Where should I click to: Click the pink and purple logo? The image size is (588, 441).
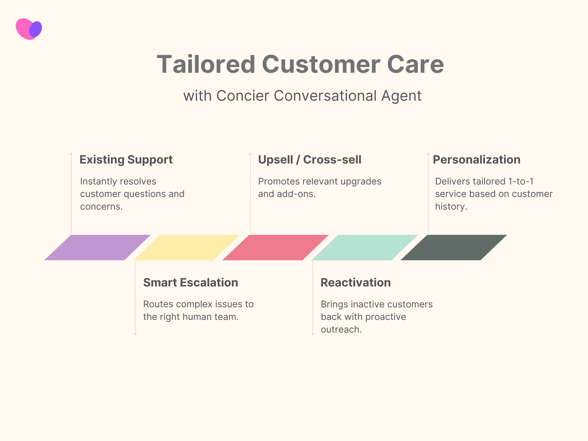pos(29,29)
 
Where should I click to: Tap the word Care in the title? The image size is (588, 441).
pos(415,65)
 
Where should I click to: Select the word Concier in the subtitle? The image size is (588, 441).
pos(243,96)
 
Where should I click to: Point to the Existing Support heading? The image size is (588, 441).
pos(126,160)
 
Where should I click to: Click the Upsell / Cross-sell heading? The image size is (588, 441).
pos(310,160)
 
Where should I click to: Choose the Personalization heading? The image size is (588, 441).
pos(476,160)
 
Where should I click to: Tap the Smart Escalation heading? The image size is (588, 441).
pos(191,283)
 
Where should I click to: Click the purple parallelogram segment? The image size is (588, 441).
pos(98,248)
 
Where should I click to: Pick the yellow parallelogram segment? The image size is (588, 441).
pos(187,248)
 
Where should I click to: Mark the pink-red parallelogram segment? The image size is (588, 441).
pos(276,248)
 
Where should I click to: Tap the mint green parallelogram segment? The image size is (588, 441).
pos(365,248)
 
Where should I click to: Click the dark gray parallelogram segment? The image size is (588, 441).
pos(454,248)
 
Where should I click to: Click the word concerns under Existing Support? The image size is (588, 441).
pos(101,207)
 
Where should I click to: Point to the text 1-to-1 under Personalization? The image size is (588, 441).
pos(521,182)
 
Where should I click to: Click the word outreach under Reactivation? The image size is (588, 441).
pos(341,330)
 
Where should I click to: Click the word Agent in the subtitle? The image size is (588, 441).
pos(401,96)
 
